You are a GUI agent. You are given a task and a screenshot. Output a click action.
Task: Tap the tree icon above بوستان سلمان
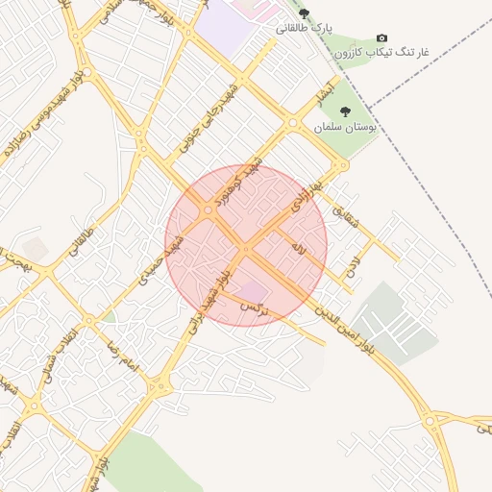pyautogui.click(x=346, y=111)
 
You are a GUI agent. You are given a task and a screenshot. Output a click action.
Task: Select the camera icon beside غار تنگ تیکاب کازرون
pyautogui.click(x=382, y=37)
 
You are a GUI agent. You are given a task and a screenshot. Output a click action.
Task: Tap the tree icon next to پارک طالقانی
pyautogui.click(x=305, y=13)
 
